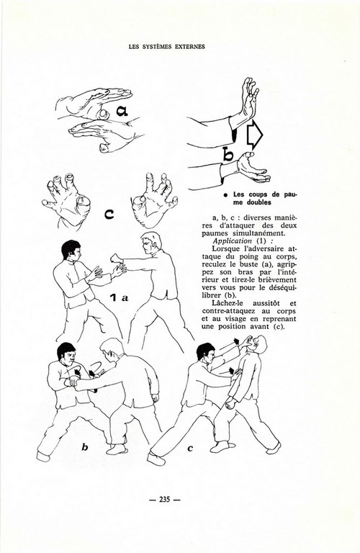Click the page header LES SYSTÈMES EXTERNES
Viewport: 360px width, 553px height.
(x=167, y=47)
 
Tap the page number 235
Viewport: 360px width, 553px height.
(x=165, y=500)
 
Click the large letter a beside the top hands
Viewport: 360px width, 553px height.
(x=122, y=111)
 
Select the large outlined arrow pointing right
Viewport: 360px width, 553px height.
(x=255, y=135)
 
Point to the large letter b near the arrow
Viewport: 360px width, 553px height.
(x=228, y=154)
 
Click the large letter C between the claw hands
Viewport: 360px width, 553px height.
(x=109, y=214)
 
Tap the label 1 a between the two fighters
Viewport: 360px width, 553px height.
(x=119, y=298)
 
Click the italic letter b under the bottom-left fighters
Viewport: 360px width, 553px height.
(x=85, y=448)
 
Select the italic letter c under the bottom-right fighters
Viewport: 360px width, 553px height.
(x=190, y=449)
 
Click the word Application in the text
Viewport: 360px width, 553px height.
(x=233, y=241)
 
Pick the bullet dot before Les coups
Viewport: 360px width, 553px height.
(x=225, y=195)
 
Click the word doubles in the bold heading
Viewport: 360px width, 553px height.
(x=259, y=202)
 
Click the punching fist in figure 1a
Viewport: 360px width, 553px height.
(x=116, y=258)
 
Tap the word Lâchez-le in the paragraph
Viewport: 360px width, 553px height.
(x=229, y=303)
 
